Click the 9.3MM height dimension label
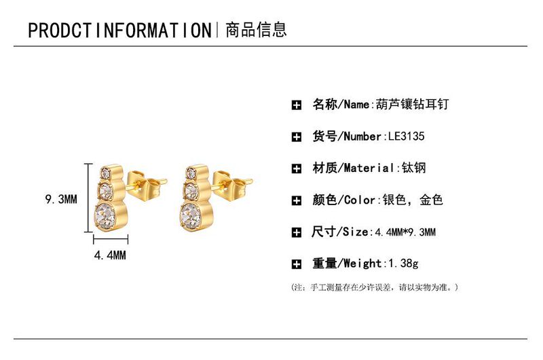pyautogui.click(x=62, y=200)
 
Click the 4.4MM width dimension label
pyautogui.click(x=110, y=255)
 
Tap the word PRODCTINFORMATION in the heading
pyautogui.click(x=120, y=31)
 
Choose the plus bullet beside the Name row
pyautogui.click(x=296, y=105)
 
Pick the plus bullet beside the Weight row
pyautogui.click(x=296, y=264)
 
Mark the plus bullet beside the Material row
pyautogui.click(x=296, y=168)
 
